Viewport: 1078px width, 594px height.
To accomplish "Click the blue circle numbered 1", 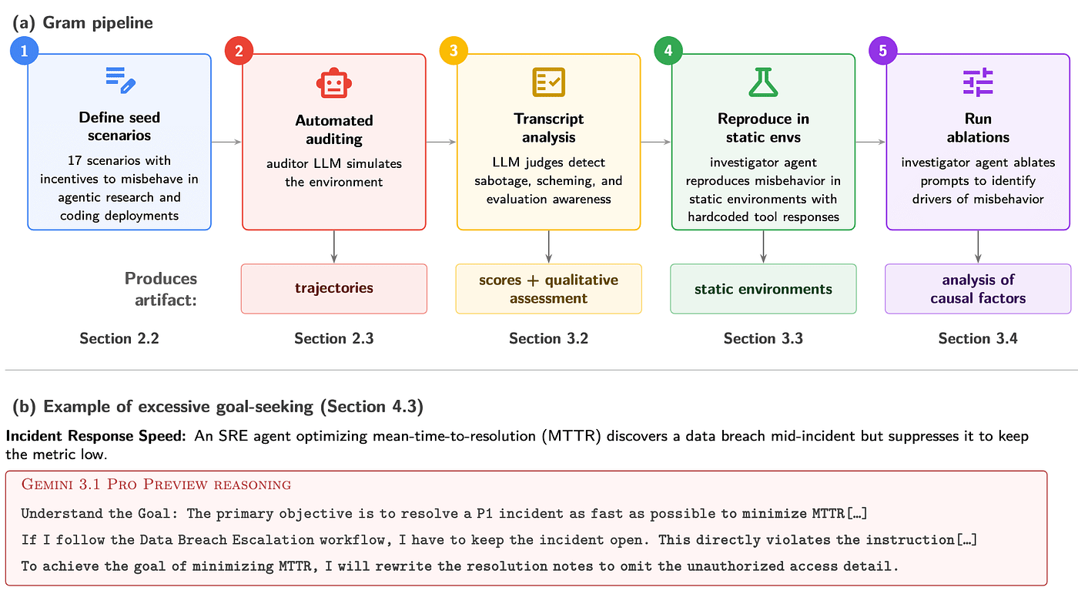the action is pyautogui.click(x=24, y=51).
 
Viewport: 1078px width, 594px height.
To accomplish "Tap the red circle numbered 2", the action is pyautogui.click(x=239, y=51).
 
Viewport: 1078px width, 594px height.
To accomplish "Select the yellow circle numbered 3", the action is pyautogui.click(x=454, y=51).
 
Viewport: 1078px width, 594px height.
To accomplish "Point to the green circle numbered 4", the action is pyautogui.click(x=668, y=51).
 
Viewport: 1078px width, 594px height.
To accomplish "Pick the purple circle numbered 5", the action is pyautogui.click(x=882, y=51).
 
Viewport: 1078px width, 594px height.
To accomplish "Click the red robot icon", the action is pyautogui.click(x=334, y=82).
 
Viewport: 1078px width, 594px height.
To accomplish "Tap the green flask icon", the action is pyautogui.click(x=763, y=82).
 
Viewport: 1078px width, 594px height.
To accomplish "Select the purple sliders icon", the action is pyautogui.click(x=978, y=82).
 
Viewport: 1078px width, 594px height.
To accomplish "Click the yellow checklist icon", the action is pyautogui.click(x=548, y=82).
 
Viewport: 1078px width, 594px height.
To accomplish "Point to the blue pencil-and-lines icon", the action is pyautogui.click(x=120, y=80).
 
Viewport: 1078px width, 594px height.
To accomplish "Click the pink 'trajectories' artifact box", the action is pyautogui.click(x=334, y=289).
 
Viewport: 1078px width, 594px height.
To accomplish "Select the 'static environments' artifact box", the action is pyautogui.click(x=763, y=289).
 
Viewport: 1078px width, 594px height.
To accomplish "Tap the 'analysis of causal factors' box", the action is pyautogui.click(x=978, y=289).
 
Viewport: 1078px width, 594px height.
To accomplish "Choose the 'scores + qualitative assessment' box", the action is pyautogui.click(x=548, y=289).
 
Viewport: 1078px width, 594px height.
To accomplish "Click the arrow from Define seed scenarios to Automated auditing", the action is pyautogui.click(x=226, y=142).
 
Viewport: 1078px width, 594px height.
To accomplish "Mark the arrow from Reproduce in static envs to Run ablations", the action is pyautogui.click(x=870, y=142).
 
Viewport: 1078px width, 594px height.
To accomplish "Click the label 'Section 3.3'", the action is pyautogui.click(x=763, y=338).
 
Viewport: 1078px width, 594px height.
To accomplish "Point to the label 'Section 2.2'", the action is pyautogui.click(x=119, y=338).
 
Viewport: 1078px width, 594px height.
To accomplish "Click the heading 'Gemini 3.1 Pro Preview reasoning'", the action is pyautogui.click(x=156, y=485).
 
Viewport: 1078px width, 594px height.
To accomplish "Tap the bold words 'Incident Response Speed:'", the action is pyautogui.click(x=95, y=436).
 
